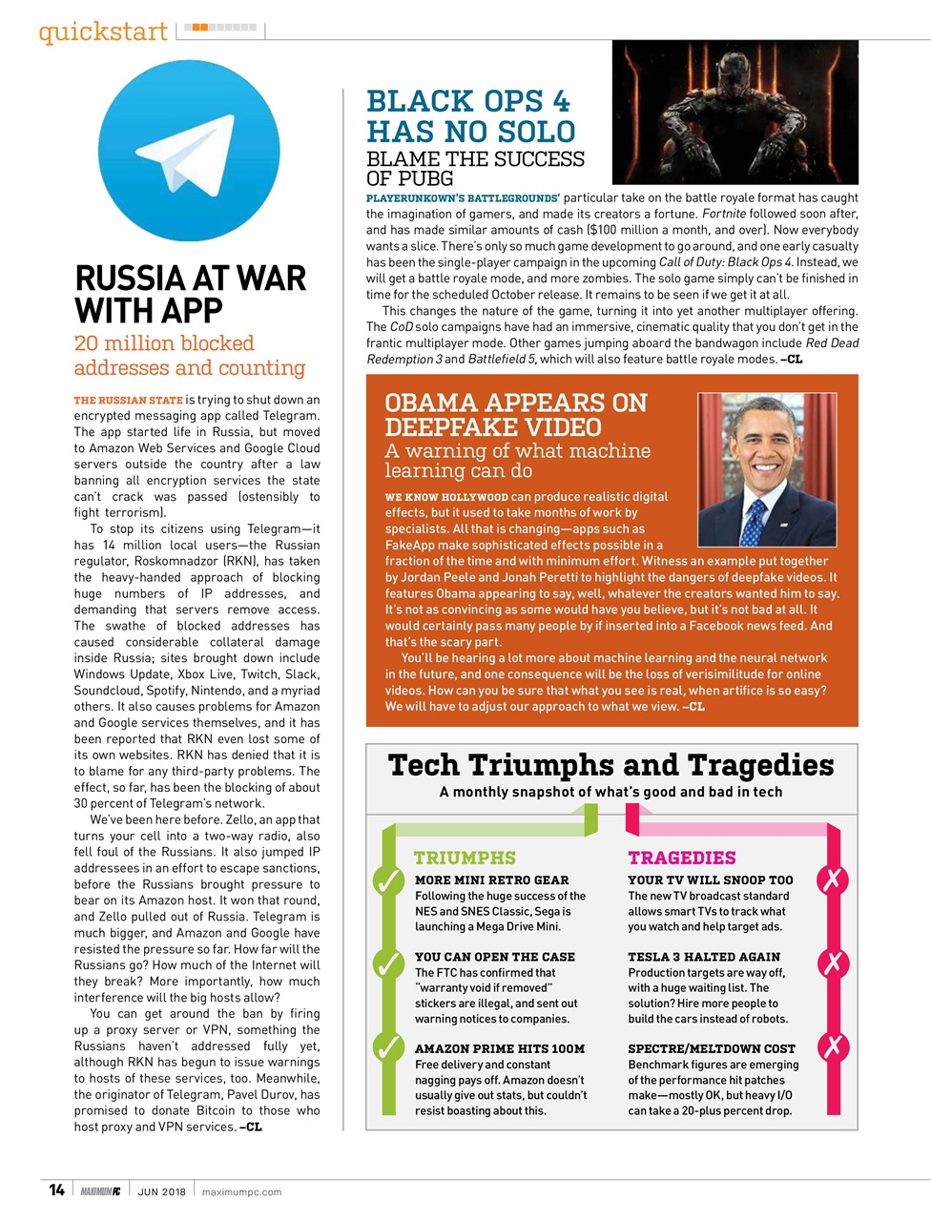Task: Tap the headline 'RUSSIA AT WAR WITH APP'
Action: tap(190, 294)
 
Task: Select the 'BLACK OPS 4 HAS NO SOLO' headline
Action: tap(470, 116)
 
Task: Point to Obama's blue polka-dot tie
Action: tap(755, 520)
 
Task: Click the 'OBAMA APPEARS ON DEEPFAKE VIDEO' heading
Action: tap(515, 415)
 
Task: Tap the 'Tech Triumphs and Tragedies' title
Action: tap(610, 765)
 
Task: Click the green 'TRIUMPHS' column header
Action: tap(465, 858)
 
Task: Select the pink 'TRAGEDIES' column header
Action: tap(681, 858)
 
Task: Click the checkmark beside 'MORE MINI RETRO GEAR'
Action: tap(388, 881)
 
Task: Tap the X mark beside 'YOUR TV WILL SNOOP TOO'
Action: tap(833, 880)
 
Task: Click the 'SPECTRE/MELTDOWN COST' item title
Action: tap(711, 1048)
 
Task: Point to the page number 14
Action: tap(56, 1190)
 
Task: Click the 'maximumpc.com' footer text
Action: tap(241, 1191)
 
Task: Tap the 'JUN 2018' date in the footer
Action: tap(161, 1191)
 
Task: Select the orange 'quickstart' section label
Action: tap(103, 31)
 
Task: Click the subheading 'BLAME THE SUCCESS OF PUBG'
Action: tap(475, 168)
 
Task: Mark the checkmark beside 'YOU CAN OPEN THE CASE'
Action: tap(388, 964)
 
